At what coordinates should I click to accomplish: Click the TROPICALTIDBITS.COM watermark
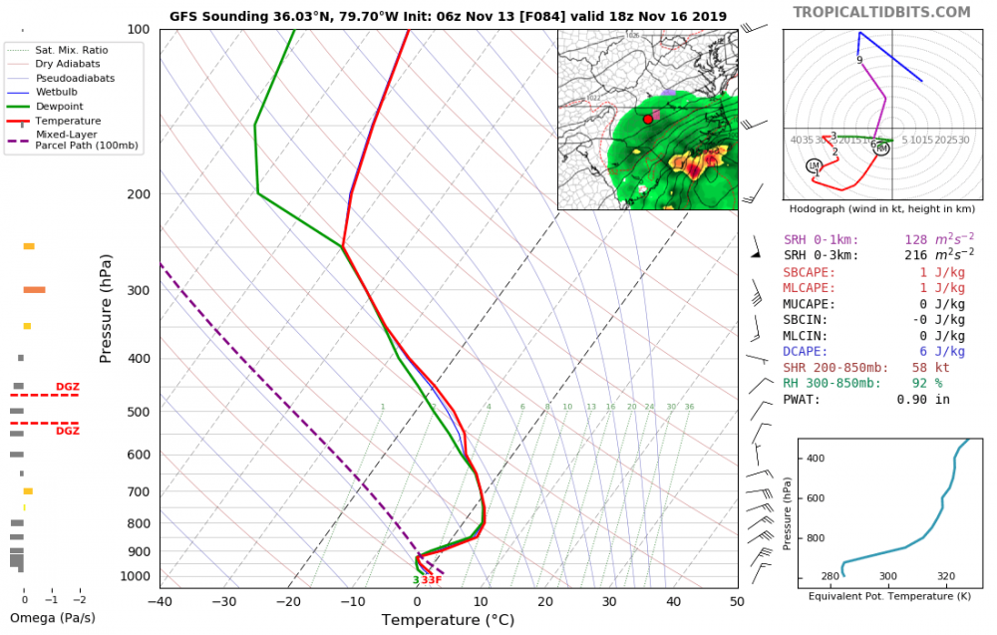coord(881,12)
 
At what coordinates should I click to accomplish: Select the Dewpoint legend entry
coord(59,106)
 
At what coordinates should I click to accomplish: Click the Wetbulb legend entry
coord(57,92)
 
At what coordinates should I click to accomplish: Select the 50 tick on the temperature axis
coord(737,602)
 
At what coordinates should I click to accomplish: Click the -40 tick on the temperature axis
coord(160,602)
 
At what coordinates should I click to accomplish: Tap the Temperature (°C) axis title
coord(448,620)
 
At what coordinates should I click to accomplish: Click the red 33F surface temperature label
coord(432,580)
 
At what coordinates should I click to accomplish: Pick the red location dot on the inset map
coord(648,119)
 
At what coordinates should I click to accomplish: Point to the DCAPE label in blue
coord(806,352)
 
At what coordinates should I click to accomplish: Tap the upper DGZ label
coord(67,386)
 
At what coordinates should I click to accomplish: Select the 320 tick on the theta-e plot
coord(946,576)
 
